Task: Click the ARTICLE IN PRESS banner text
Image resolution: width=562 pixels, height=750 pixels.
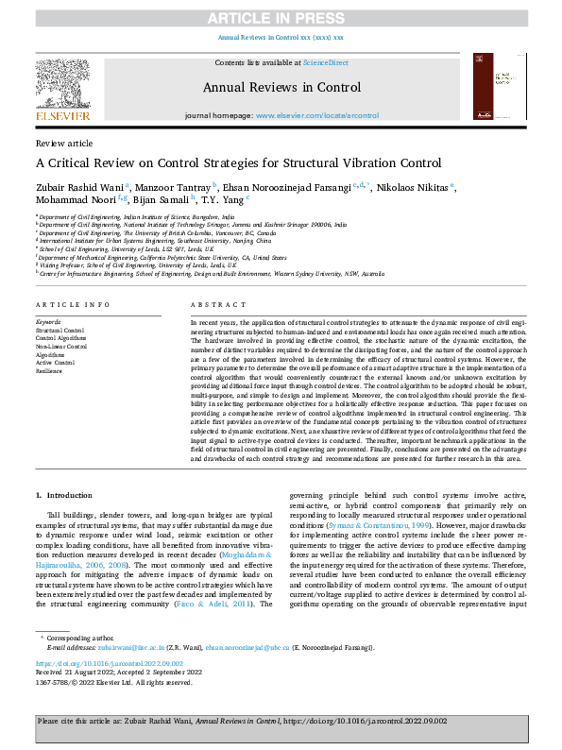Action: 281,17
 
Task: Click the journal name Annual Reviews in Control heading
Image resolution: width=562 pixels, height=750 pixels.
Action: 281,88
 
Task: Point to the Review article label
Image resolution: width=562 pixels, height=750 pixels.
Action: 58,143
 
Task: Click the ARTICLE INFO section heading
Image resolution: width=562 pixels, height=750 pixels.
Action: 65,305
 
